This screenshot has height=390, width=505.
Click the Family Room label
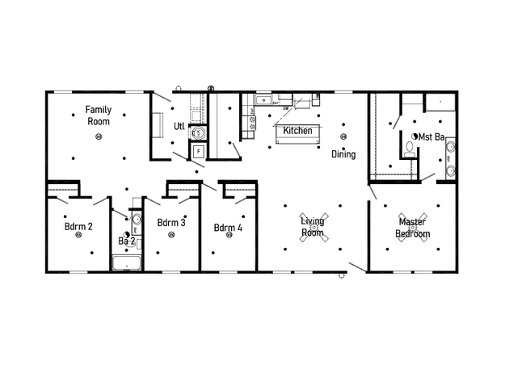[99, 115]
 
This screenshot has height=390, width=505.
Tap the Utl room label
[179, 126]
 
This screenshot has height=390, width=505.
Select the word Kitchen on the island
[297, 130]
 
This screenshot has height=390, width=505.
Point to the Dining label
[343, 154]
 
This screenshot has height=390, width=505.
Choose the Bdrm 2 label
[78, 227]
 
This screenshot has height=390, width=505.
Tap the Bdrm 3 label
[171, 223]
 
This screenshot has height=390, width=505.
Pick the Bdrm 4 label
[228, 228]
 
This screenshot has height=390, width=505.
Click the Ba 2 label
[127, 241]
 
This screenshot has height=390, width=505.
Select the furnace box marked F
[199, 151]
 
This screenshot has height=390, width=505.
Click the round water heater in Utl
[199, 132]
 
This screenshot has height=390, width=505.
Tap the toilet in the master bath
[410, 149]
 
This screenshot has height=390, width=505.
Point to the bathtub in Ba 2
[127, 263]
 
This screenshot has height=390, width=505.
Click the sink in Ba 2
[137, 220]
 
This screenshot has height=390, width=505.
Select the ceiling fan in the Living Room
[314, 227]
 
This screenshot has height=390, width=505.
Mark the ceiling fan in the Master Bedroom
[413, 227]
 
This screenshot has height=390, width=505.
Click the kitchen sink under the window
[263, 100]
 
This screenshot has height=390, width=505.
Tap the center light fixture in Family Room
[99, 136]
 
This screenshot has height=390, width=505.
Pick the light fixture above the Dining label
[343, 136]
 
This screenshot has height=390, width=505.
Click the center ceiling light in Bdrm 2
[78, 235]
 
